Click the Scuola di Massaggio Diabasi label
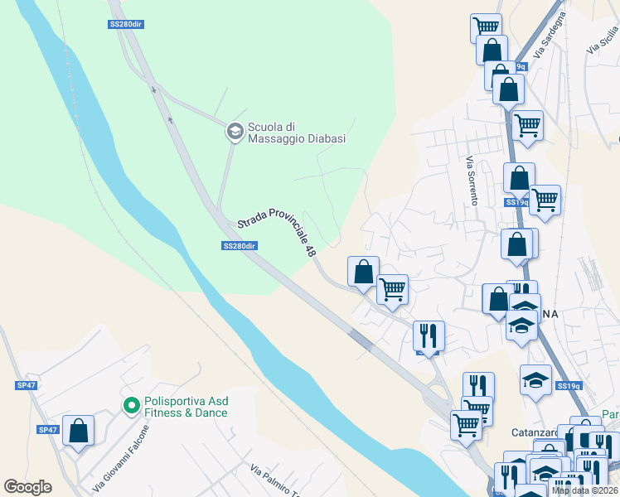click(296, 133)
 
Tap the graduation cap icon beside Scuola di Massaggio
click(234, 131)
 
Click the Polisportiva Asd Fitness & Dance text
click(186, 406)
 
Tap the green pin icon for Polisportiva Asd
click(131, 405)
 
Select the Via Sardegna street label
click(550, 34)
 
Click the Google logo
click(28, 487)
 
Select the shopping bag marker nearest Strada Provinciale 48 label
click(363, 271)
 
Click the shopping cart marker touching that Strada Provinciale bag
click(392, 289)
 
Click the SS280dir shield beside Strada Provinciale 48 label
click(240, 246)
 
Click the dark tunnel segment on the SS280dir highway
click(360, 337)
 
